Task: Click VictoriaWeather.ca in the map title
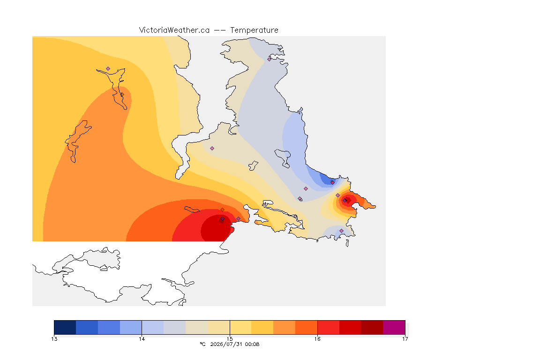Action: [174, 30]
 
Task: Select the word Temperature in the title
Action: [254, 30]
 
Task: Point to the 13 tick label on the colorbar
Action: [54, 339]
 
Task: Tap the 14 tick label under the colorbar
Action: [142, 339]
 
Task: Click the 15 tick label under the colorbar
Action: [230, 339]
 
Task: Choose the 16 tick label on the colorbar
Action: [317, 339]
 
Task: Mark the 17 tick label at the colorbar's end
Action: [405, 339]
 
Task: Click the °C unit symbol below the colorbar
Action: [202, 344]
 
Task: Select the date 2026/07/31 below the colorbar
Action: [226, 344]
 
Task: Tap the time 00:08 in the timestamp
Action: [252, 344]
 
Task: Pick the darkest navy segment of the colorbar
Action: [65, 327]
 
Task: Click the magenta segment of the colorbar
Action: [394, 327]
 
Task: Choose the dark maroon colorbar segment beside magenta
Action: [372, 327]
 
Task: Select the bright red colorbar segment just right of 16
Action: [328, 327]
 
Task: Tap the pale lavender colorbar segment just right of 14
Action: [152, 327]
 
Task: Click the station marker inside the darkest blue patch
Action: [332, 183]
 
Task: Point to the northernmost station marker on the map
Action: [270, 59]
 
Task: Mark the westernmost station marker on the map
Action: [108, 69]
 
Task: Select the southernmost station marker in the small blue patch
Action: [341, 231]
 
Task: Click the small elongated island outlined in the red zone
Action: [192, 210]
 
